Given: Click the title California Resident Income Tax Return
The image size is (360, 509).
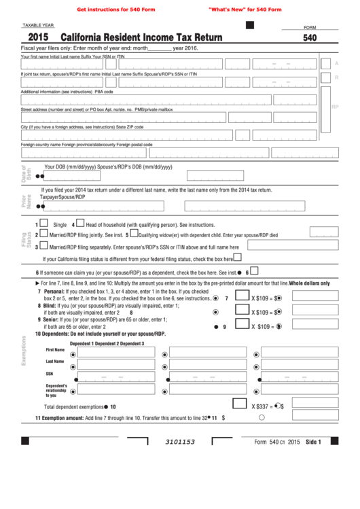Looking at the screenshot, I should point(141,39).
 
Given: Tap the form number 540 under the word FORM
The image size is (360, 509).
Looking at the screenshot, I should point(310,39).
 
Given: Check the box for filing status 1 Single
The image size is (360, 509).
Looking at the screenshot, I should point(44,223).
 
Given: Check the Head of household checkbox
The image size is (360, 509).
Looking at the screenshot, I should point(80,223).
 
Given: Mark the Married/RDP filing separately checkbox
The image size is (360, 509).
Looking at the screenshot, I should point(44,247).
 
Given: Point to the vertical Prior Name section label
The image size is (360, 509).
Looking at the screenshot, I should point(24,200).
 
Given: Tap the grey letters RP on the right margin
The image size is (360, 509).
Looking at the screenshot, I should point(335,107).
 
